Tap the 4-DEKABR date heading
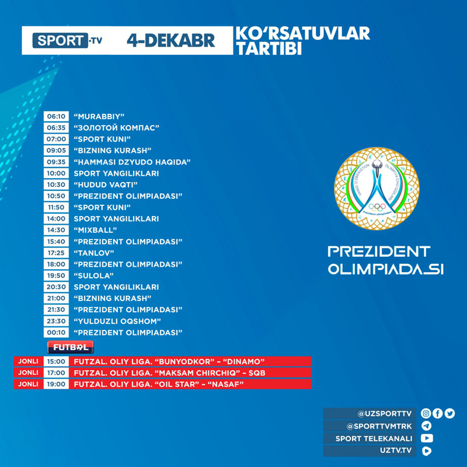click(171, 40)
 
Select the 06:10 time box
click(57, 116)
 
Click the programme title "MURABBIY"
click(99, 116)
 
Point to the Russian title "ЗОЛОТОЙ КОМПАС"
click(117, 127)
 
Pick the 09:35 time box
click(57, 162)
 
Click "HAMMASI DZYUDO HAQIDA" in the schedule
click(133, 162)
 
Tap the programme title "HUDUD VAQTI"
click(106, 184)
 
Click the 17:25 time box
click(57, 253)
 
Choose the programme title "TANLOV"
click(94, 253)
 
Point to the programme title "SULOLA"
click(93, 276)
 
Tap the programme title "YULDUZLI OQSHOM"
click(117, 321)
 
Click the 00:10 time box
click(57, 332)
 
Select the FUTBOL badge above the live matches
click(70, 347)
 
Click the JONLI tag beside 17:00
click(29, 372)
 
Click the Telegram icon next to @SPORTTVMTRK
click(427, 426)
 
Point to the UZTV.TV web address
click(396, 451)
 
